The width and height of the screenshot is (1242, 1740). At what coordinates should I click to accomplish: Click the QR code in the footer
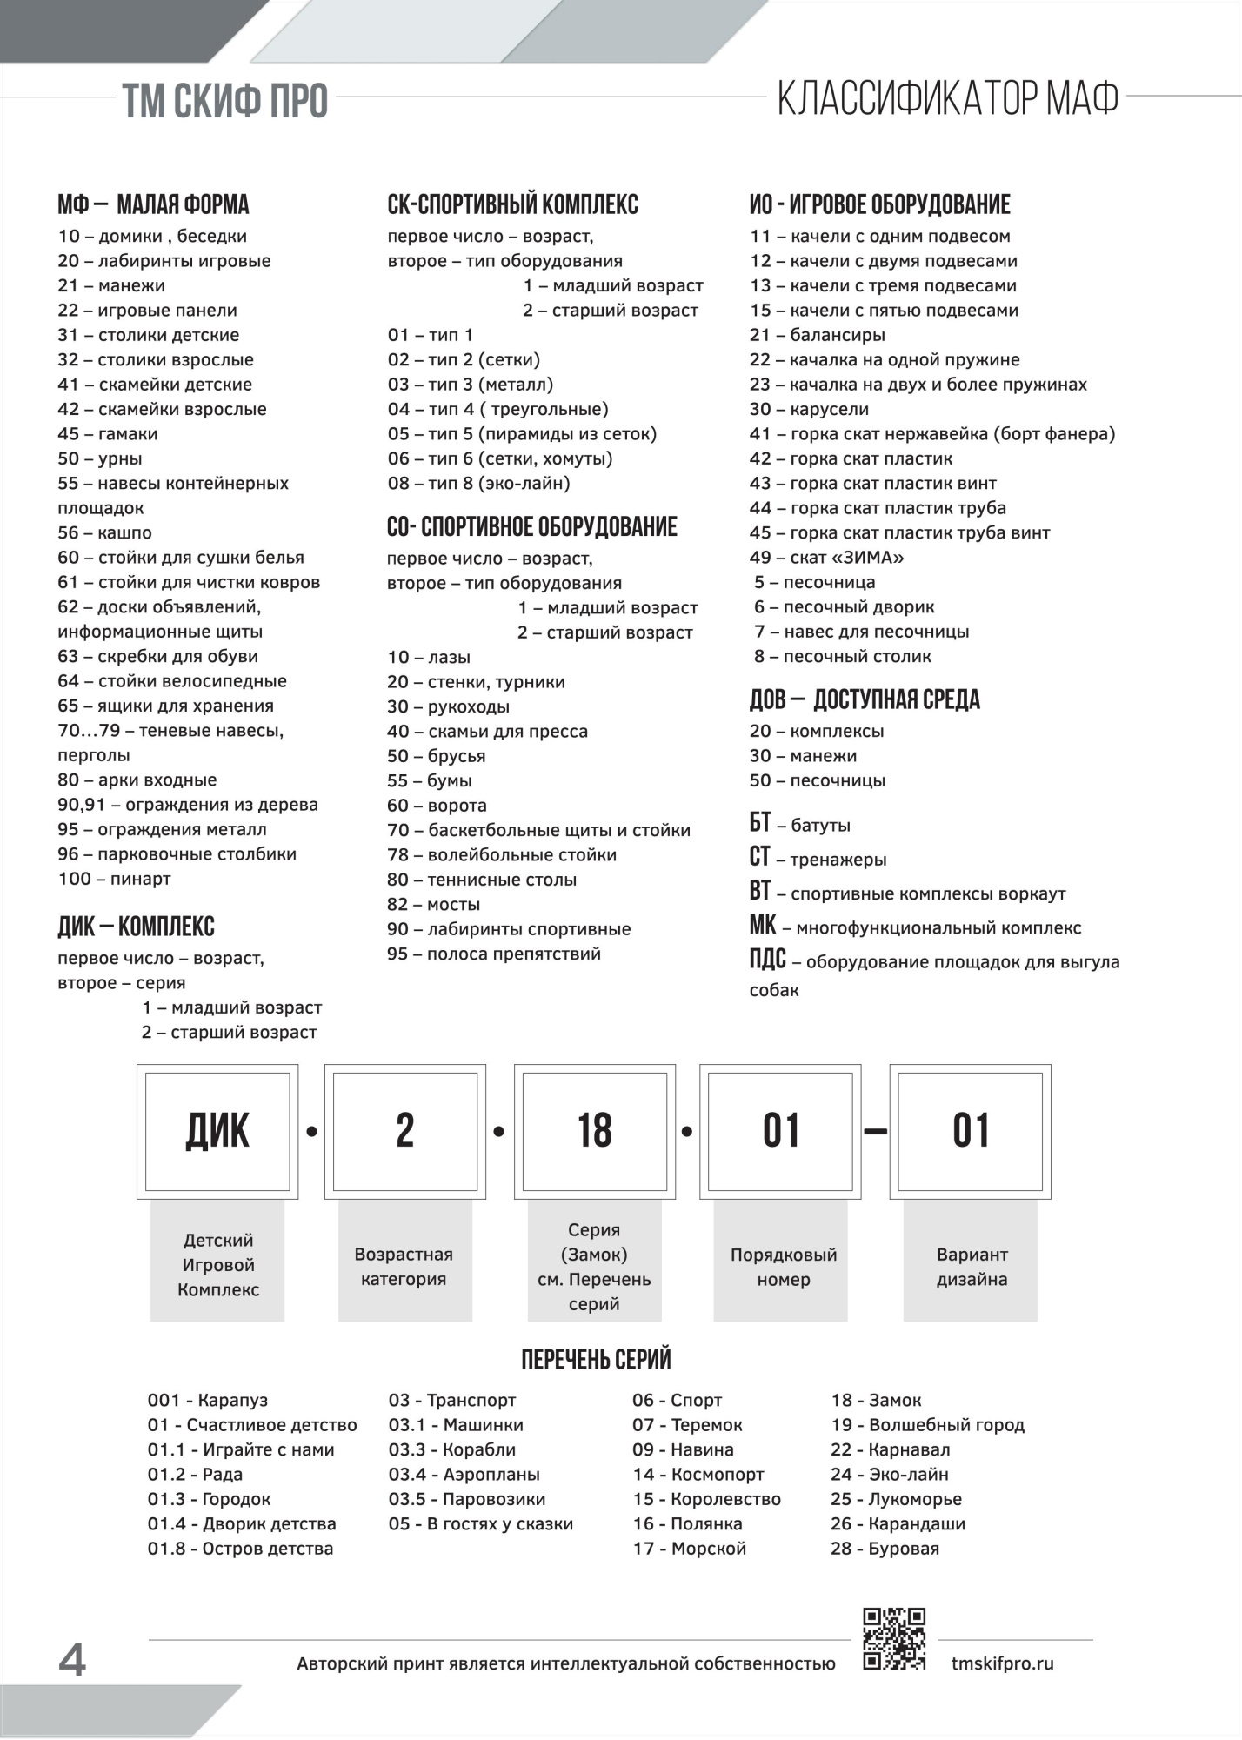[893, 1639]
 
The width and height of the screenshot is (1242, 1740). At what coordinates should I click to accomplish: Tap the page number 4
[72, 1660]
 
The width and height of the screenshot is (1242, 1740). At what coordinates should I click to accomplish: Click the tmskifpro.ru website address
[1002, 1663]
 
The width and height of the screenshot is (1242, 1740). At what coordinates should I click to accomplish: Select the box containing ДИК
[217, 1131]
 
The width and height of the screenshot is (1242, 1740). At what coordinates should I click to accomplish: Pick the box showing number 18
[595, 1131]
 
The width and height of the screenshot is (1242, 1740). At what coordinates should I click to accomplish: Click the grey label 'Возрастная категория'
[404, 1266]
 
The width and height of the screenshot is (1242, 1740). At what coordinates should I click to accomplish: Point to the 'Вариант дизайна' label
[972, 1266]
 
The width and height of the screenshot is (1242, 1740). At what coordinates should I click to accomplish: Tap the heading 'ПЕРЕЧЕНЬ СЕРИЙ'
[596, 1360]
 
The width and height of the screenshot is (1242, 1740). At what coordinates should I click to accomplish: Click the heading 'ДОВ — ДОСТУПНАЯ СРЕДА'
[865, 699]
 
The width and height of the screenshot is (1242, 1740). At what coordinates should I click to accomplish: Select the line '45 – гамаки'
[108, 433]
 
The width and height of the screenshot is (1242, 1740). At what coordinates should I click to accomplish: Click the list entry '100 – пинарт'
[114, 879]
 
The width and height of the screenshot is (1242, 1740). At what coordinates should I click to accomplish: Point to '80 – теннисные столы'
[482, 880]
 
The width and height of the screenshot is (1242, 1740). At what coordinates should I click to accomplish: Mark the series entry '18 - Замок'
[876, 1400]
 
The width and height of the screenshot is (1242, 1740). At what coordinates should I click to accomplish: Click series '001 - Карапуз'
[208, 1400]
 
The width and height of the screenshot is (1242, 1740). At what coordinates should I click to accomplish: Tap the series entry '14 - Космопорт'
[698, 1474]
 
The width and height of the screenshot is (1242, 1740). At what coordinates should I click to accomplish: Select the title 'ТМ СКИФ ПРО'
[224, 101]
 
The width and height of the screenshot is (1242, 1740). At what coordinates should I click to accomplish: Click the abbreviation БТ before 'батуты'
[760, 823]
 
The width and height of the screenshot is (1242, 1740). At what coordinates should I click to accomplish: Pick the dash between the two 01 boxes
[875, 1132]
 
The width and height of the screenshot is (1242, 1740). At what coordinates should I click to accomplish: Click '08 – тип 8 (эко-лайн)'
[478, 483]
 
